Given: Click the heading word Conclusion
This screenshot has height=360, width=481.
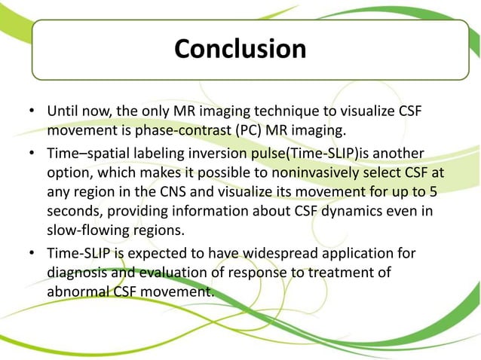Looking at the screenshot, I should [x=240, y=49].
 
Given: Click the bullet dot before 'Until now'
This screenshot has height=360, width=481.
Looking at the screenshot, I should [x=32, y=112].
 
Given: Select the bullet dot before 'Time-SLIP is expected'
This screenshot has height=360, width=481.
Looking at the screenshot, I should [x=32, y=254].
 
